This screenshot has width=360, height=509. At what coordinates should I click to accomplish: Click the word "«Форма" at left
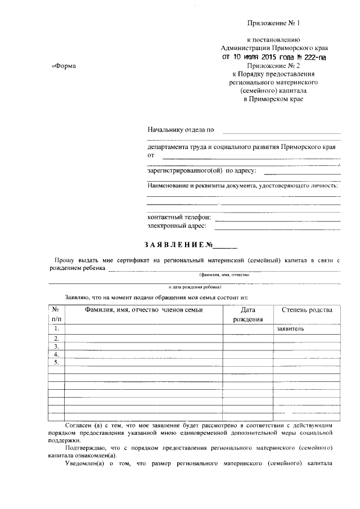tap(64, 66)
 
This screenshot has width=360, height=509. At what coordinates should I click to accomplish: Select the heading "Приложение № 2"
tap(274, 65)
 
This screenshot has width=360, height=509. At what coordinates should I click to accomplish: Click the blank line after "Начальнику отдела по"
tap(281, 130)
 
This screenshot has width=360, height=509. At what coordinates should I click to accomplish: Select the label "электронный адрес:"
tap(177, 226)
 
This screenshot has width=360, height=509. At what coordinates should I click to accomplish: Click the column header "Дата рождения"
tap(248, 314)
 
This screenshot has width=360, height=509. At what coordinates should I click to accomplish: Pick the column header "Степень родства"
tap(307, 310)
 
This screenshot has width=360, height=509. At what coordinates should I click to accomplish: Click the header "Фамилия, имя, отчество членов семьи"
tap(144, 310)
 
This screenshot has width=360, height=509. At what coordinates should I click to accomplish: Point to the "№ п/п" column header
tap(56, 314)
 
